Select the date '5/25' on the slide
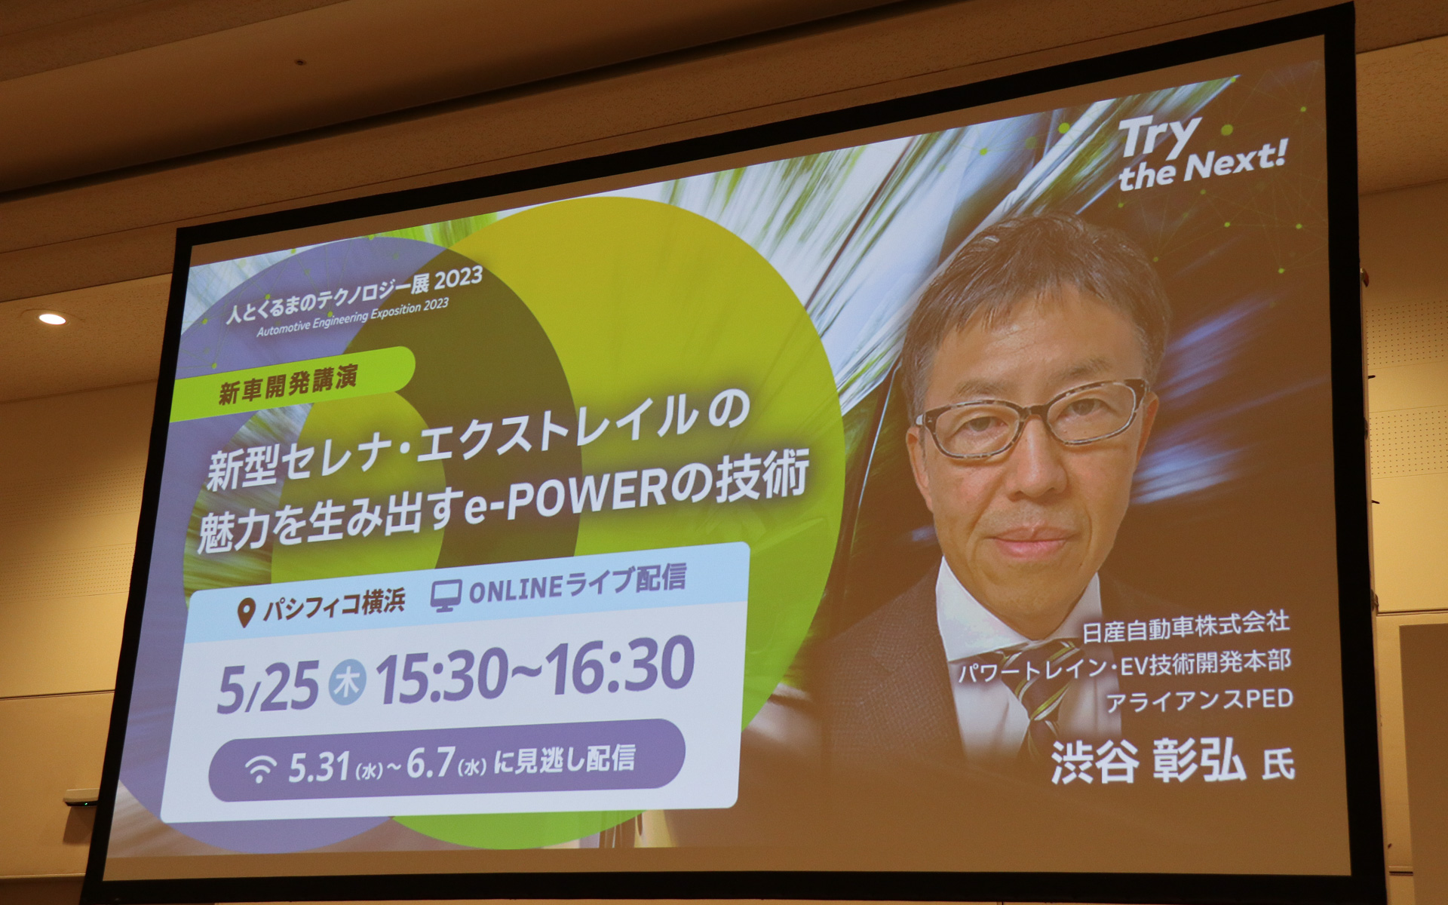(x=268, y=686)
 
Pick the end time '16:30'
(x=618, y=664)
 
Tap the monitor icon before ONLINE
(x=445, y=597)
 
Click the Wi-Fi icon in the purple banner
(x=260, y=769)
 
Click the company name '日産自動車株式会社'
(x=1186, y=627)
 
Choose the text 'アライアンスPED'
(x=1199, y=701)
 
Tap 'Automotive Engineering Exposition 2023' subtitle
(x=352, y=318)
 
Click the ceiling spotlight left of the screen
(x=52, y=318)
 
